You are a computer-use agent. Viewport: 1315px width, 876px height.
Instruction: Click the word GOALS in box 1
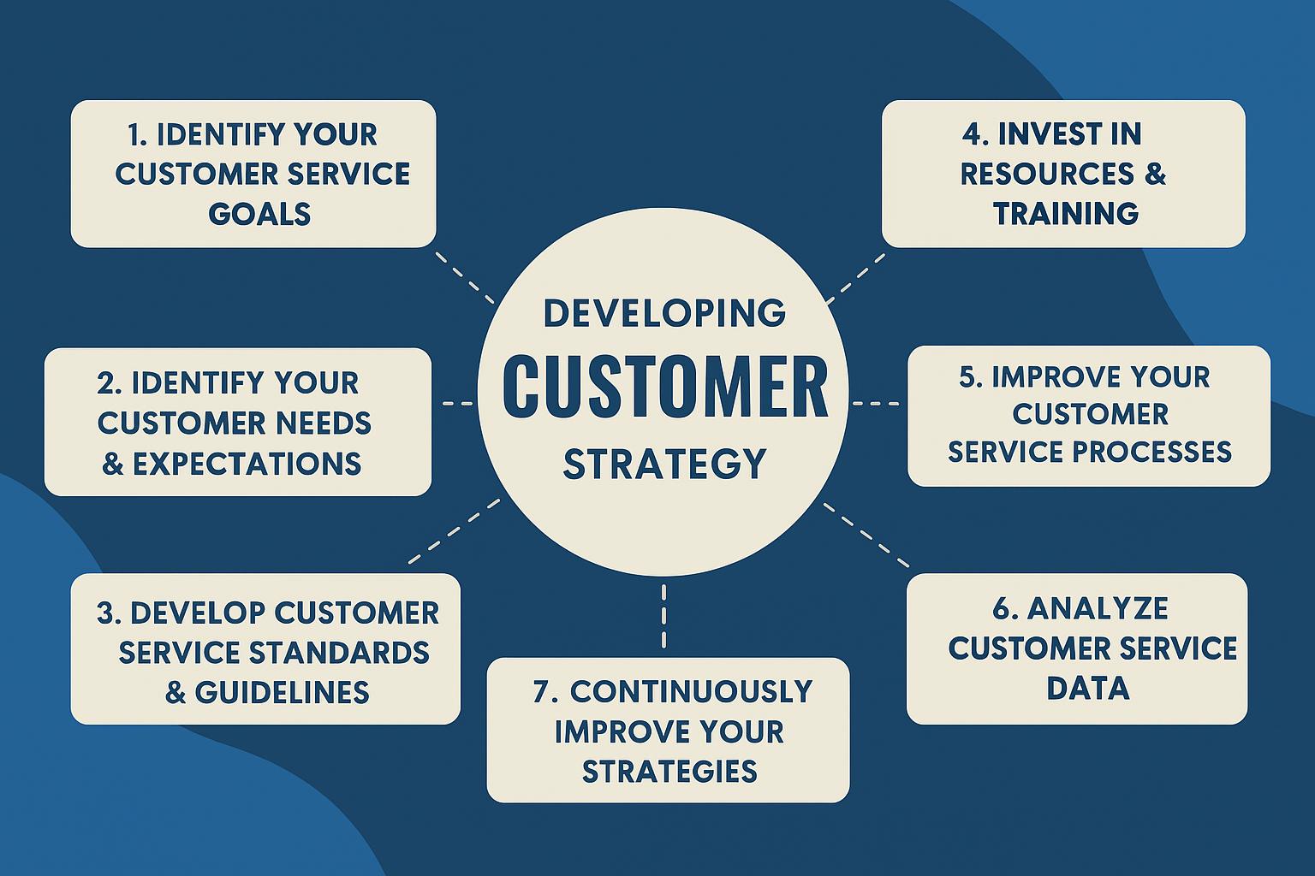click(259, 214)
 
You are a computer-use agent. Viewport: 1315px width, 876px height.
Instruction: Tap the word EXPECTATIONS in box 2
click(247, 465)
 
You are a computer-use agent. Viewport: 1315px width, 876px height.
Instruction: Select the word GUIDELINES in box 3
click(283, 692)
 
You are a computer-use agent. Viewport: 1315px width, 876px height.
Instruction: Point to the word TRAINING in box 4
click(1066, 214)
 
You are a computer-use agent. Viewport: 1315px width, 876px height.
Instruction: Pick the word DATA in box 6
click(1088, 689)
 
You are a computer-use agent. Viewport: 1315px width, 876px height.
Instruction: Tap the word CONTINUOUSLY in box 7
click(692, 692)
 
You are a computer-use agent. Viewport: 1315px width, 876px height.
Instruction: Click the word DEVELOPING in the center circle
click(664, 313)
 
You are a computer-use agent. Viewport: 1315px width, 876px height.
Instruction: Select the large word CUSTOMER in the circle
click(665, 387)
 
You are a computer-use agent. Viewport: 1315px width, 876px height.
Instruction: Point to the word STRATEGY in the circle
click(665, 465)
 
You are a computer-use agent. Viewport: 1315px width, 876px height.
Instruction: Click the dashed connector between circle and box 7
click(664, 616)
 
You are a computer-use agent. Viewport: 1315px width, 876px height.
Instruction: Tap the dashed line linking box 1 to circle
click(465, 278)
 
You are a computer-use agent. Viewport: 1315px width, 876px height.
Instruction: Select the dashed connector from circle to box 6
click(866, 536)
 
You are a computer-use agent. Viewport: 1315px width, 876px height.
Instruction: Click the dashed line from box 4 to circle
click(855, 279)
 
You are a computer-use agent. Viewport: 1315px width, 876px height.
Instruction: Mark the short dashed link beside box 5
click(875, 404)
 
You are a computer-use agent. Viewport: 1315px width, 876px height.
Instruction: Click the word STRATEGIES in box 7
click(669, 771)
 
